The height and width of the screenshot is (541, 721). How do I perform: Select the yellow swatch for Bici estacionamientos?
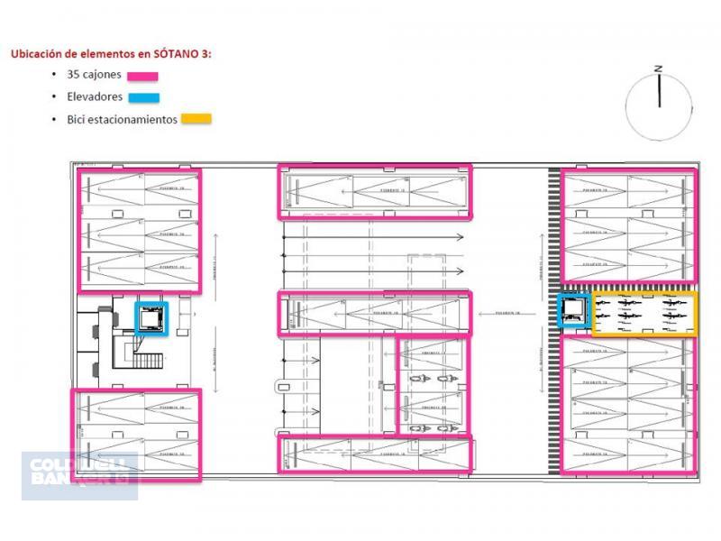coord(196,118)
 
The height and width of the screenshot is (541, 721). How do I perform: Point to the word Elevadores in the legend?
coord(95,96)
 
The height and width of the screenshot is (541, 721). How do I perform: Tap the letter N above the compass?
coord(660,68)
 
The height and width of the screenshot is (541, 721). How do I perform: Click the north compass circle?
coord(659,106)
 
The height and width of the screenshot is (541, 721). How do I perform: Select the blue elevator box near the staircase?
coord(151,318)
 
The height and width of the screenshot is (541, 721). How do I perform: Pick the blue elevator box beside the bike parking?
coord(573,311)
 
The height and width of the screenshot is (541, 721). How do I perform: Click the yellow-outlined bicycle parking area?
coord(643,313)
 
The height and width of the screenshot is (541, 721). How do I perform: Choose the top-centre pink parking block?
coord(374,191)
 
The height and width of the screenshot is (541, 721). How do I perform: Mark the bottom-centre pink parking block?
coord(374,454)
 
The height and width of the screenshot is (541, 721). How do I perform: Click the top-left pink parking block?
coord(139,230)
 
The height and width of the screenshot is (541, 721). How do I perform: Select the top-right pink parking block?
coord(628,225)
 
